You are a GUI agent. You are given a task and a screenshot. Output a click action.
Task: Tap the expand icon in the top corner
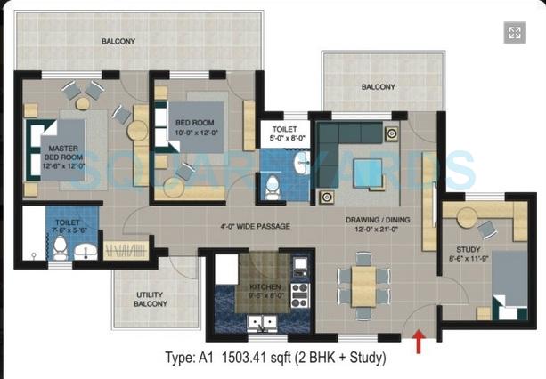pos(514,33)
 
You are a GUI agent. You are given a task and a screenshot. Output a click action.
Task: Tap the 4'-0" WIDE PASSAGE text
pos(256,226)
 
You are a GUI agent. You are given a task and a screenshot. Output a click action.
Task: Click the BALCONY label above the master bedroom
pos(118,42)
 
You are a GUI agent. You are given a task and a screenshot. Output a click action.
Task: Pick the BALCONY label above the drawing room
pos(378,87)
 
